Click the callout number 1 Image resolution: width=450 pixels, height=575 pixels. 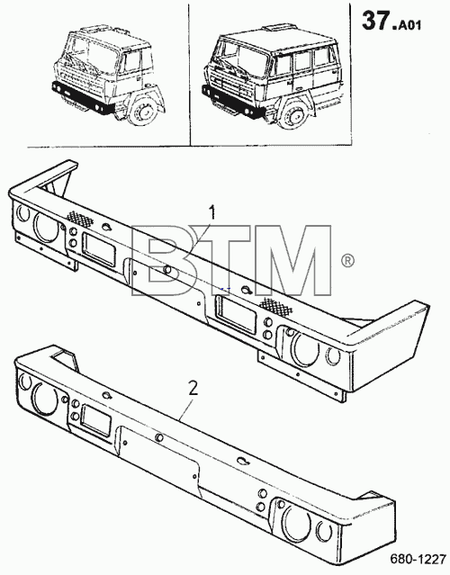click(212, 213)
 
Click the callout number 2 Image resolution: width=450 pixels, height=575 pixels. click(193, 389)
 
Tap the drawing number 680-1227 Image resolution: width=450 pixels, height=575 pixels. click(418, 560)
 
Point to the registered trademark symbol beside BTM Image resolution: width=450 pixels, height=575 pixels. click(347, 260)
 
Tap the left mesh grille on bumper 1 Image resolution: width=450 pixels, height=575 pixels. click(79, 219)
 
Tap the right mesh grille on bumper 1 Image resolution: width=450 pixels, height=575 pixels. click(276, 307)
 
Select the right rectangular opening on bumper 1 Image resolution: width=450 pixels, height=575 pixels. click(235, 315)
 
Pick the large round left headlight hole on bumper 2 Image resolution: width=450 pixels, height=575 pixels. click(45, 398)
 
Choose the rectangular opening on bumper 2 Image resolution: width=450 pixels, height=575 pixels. click(95, 420)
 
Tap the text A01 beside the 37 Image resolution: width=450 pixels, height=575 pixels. click(409, 25)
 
